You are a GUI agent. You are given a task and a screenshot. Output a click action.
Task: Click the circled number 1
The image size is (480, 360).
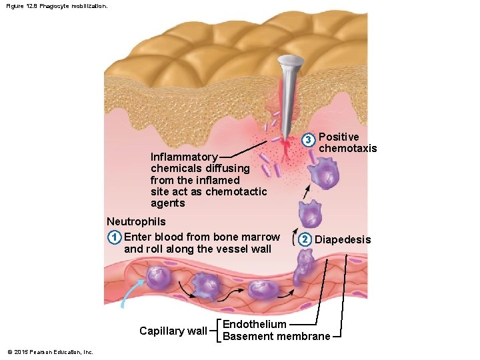[x=115, y=237]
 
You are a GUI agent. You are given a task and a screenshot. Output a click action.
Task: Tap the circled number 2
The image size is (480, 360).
[x=305, y=239]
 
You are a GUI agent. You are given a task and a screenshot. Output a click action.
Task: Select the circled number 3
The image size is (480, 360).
[x=308, y=140]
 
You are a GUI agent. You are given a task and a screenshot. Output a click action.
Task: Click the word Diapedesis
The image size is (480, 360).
[x=343, y=239]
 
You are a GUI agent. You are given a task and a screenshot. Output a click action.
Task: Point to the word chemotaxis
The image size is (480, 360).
[x=348, y=148]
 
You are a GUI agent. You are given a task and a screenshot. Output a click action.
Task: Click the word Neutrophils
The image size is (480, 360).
[x=136, y=221]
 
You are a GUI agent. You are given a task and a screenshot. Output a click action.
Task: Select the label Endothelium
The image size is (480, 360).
[x=254, y=324]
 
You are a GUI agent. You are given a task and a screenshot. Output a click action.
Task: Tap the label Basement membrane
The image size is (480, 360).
[x=276, y=336]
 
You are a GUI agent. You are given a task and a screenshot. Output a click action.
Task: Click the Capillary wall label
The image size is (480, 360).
[x=173, y=331]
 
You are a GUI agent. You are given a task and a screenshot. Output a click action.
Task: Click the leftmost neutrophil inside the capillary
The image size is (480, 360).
[x=159, y=277]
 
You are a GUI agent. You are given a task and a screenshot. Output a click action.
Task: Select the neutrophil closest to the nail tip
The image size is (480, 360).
[x=323, y=175]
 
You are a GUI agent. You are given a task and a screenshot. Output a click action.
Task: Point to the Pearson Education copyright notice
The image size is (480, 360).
[x=50, y=352]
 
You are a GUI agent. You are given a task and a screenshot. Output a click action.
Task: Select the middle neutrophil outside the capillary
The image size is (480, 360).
[x=310, y=213]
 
